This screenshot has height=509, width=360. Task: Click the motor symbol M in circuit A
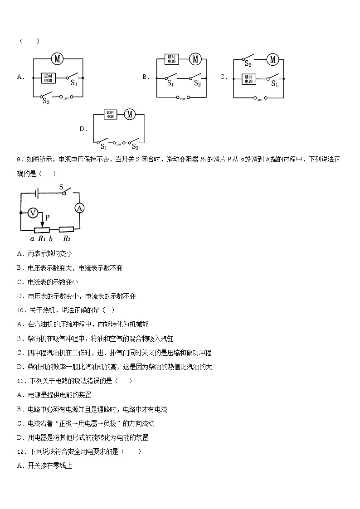(x=57, y=58)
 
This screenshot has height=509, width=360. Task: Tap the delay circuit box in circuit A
(x=48, y=78)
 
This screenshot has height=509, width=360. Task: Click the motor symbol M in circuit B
(x=195, y=59)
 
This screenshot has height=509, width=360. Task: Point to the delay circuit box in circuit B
(x=171, y=59)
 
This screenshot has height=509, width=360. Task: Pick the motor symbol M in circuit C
(x=272, y=59)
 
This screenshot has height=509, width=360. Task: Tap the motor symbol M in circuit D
(x=130, y=115)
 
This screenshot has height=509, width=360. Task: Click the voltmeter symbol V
(x=33, y=213)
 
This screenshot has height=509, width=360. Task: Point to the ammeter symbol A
(x=79, y=208)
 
